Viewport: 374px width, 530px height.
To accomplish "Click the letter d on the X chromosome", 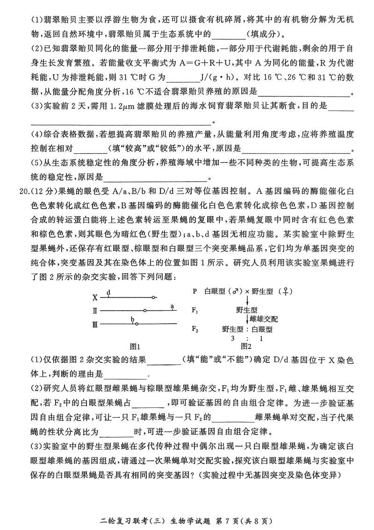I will tap(108, 292).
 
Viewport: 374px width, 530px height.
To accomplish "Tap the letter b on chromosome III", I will tap(133, 319).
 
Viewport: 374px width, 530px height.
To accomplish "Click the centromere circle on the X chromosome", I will tap(151, 297).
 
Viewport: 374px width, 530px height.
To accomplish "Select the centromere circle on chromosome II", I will tap(145, 310).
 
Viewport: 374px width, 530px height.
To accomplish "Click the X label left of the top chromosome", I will tap(95, 297).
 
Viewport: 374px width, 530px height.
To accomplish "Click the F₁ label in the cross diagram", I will tap(195, 310).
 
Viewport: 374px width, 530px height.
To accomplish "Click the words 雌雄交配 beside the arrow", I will tap(264, 319).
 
